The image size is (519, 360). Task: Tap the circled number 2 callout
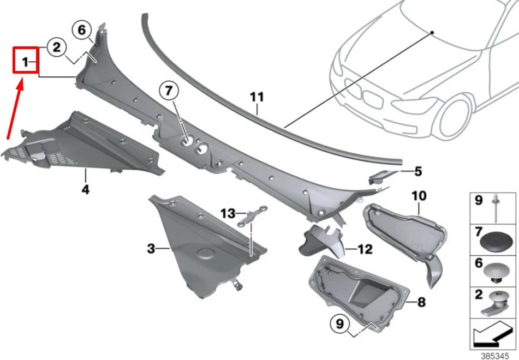pos(56,47)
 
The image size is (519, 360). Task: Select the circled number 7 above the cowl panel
pos(169,91)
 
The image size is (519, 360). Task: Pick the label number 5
pos(417,172)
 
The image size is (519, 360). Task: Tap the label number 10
pos(419,196)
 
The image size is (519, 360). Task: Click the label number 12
pos(365,249)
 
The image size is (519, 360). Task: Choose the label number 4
pos(86,189)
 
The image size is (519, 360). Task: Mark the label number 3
pos(151,249)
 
